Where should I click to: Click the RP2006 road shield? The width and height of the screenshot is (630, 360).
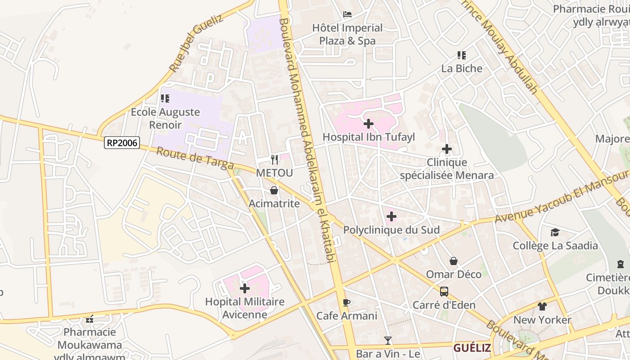point(122,143)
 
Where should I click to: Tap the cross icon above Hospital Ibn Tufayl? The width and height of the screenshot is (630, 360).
point(369,123)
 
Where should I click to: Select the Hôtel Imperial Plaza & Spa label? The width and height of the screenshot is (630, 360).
point(347,34)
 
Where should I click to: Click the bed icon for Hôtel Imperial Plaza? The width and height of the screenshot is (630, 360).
point(347,14)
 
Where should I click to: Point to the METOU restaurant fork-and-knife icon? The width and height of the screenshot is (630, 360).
point(274,159)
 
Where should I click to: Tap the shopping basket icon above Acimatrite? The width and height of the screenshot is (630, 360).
point(274,191)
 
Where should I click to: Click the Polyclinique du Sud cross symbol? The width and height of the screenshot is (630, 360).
point(391,216)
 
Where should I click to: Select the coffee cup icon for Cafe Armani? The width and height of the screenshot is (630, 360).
point(346,302)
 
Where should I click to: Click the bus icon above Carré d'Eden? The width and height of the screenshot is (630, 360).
point(444,292)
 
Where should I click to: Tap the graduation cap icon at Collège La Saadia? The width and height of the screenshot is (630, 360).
point(555,232)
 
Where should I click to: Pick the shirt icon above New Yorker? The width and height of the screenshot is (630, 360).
point(542,306)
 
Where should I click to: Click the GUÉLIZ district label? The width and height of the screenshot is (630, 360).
point(472,348)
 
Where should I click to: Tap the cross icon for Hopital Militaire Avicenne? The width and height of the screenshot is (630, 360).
point(245,288)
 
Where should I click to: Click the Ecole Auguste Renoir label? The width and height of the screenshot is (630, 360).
point(165,118)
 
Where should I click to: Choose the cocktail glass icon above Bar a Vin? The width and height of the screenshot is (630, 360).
point(388,341)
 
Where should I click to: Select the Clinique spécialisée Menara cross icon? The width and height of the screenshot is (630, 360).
point(446,149)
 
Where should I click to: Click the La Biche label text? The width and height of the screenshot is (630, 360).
point(462,68)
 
